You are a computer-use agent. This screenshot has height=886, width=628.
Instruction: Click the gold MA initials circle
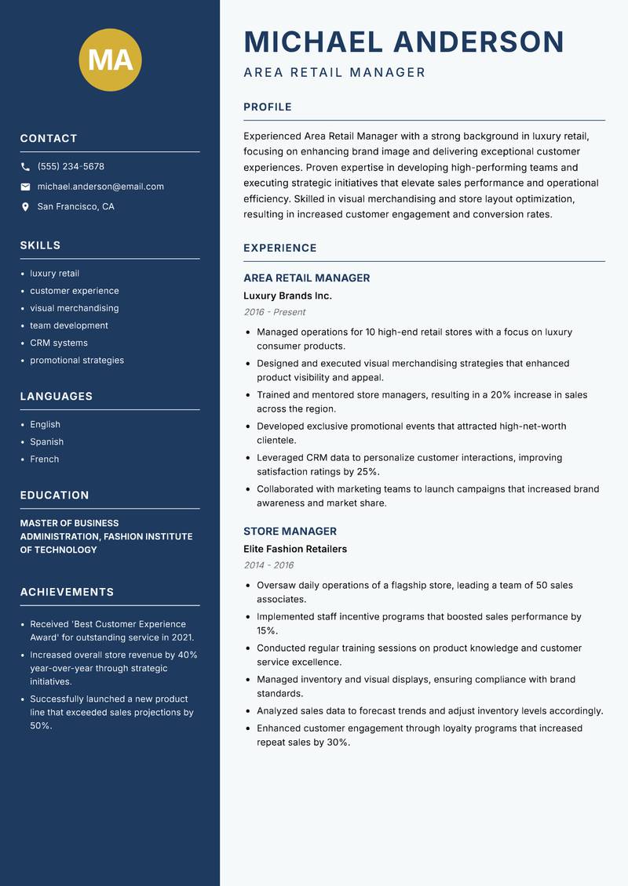111,60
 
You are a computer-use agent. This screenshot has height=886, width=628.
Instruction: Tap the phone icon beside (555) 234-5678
25,167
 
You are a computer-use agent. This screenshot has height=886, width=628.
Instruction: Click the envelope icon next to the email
25,187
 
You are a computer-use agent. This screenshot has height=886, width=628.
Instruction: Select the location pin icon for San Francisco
25,207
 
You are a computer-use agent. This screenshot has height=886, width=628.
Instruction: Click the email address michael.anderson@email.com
100,187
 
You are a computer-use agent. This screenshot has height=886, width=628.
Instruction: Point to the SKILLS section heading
40,245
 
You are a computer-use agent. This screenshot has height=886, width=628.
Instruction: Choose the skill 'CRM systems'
59,343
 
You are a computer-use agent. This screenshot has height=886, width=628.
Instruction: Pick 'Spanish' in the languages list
47,441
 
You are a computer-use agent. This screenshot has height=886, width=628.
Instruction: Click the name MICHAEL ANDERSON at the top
404,42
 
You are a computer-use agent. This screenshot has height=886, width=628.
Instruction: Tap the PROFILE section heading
268,107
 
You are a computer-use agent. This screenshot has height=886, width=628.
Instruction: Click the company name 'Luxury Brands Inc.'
287,296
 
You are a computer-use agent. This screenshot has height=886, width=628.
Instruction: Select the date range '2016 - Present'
274,312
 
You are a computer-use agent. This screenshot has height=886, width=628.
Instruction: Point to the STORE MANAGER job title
290,531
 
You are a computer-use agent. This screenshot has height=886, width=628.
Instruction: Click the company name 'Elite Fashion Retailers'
295,549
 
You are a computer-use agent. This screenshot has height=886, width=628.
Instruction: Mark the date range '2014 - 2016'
268,565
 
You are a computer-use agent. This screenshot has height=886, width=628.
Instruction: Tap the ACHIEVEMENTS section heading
67,592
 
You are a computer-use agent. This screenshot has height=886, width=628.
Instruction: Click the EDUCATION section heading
54,496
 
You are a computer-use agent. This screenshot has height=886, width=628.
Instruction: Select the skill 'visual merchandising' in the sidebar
75,308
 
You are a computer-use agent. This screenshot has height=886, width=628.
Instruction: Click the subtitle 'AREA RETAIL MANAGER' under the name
334,73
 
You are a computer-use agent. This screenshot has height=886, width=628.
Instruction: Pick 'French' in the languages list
45,459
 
